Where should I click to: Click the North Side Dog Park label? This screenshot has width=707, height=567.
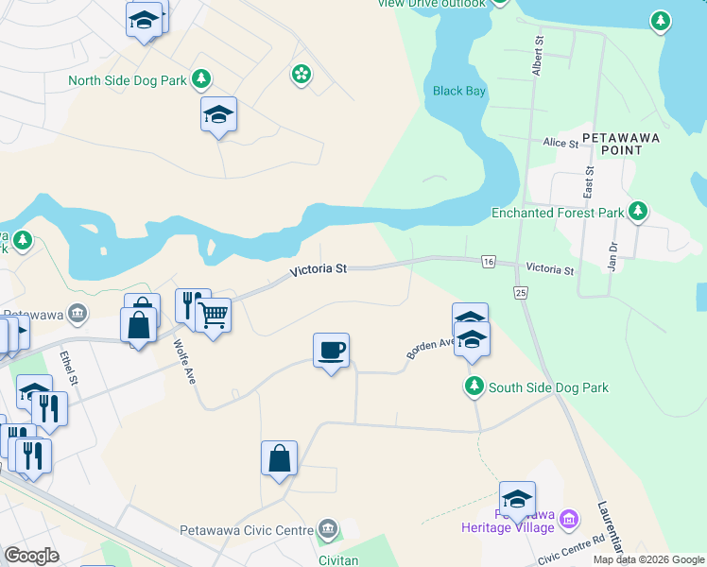point(127,80)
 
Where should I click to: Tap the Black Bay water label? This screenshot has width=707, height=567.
point(459,91)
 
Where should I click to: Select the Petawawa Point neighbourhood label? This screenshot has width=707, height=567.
point(620,144)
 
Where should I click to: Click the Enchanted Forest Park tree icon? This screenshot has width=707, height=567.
point(639,212)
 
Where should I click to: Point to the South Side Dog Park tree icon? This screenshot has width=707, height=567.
point(474,387)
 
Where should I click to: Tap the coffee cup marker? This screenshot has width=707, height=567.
point(331,351)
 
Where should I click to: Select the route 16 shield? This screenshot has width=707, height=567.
point(488,261)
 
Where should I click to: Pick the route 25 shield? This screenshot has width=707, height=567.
point(520,295)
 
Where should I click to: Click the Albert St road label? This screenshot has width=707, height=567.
point(538,58)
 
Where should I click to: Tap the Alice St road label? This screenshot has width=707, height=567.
point(560,143)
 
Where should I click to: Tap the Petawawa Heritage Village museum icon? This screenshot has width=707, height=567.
point(568,518)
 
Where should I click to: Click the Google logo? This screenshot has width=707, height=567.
point(31,556)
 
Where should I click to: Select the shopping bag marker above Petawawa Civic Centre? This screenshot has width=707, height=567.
point(280,458)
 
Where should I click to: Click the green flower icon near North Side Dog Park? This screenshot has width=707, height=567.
point(301,74)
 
